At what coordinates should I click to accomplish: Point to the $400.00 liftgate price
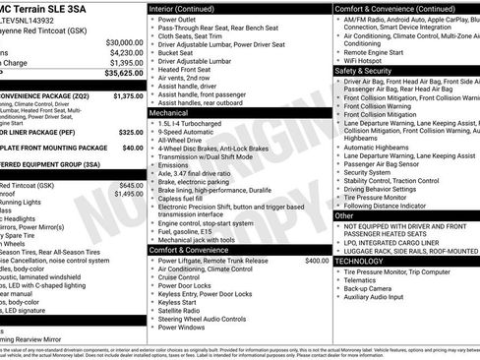click(x=317, y=261)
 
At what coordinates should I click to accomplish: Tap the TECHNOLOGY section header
click(x=359, y=261)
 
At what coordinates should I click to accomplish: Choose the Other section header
click(x=344, y=214)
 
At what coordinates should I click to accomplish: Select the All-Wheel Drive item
click(x=182, y=141)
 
